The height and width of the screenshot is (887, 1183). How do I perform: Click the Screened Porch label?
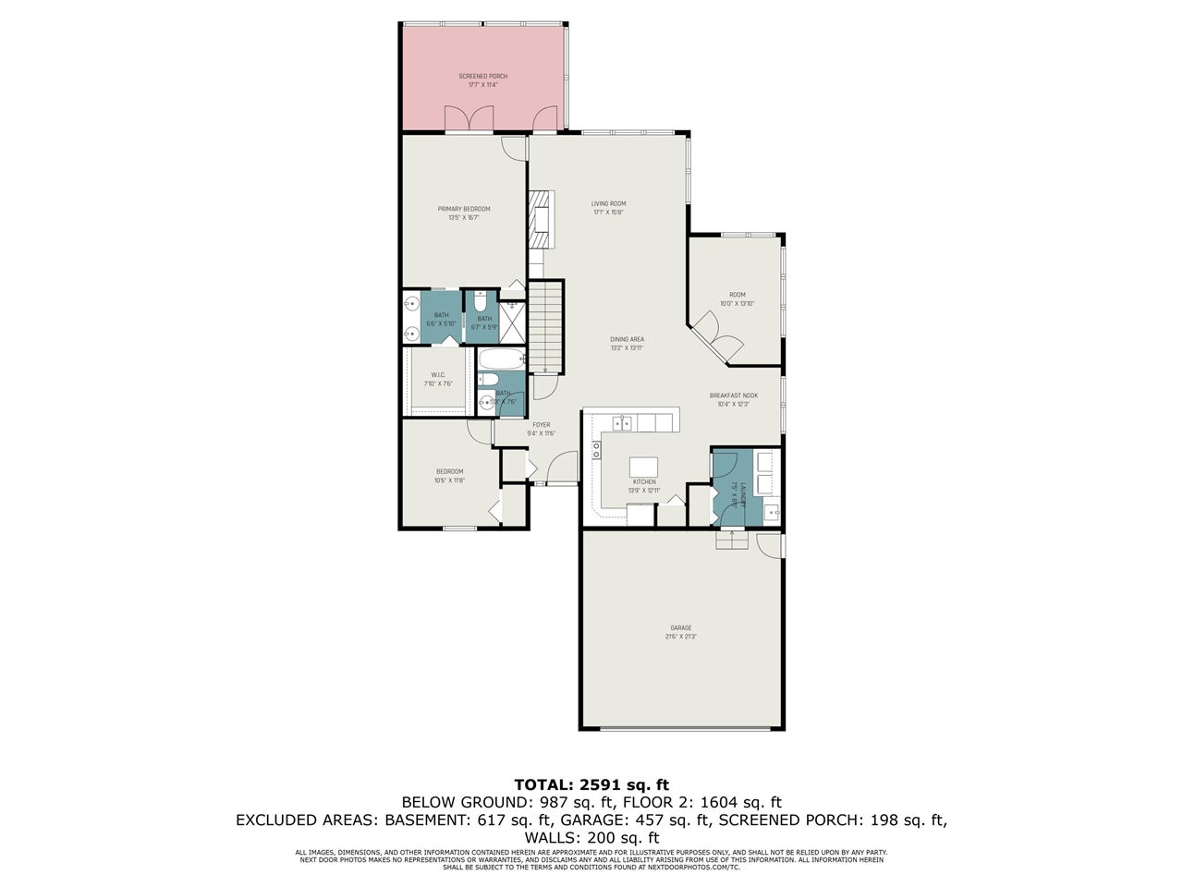tap(483, 76)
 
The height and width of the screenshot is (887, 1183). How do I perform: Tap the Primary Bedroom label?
tap(464, 209)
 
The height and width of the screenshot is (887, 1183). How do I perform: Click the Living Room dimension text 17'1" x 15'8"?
tap(609, 213)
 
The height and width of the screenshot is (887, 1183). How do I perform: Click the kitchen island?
tap(644, 467)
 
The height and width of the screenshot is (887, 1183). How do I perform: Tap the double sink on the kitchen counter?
tap(622, 423)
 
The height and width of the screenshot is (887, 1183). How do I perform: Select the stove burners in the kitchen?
tap(596, 450)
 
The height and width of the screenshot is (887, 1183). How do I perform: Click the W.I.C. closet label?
tap(438, 374)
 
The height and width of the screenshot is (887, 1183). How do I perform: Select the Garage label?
tap(681, 628)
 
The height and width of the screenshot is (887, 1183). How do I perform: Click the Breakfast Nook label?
tap(733, 395)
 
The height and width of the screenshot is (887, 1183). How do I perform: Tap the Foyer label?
tap(541, 425)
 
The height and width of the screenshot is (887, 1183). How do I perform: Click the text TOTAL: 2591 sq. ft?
tap(591, 784)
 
